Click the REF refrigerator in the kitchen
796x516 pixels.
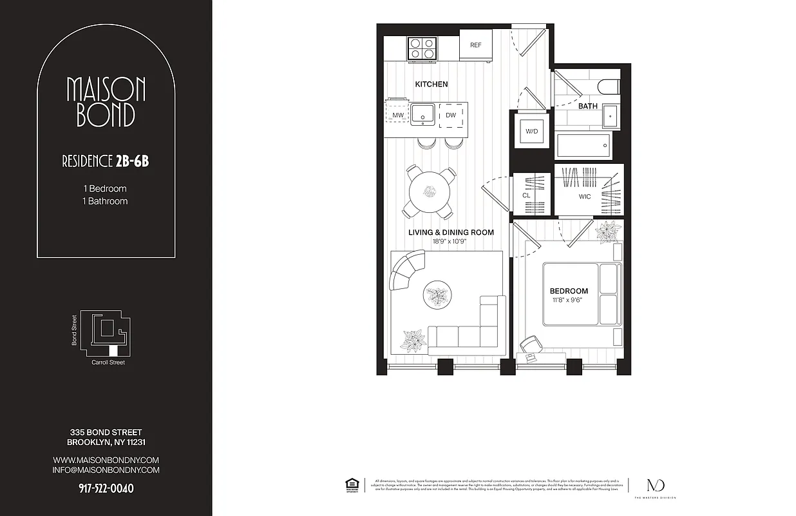(476, 45)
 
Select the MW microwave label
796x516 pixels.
(398, 115)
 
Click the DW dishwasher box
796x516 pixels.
(450, 115)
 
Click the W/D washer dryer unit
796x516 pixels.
(531, 132)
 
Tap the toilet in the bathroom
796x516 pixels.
(607, 87)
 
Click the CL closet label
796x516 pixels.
(526, 195)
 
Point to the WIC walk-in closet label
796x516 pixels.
(585, 197)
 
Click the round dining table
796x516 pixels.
(429, 191)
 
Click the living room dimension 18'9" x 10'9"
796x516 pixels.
(450, 242)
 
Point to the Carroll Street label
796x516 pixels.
(108, 362)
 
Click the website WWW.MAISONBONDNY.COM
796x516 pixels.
(106, 460)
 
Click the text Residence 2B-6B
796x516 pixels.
(106, 161)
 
